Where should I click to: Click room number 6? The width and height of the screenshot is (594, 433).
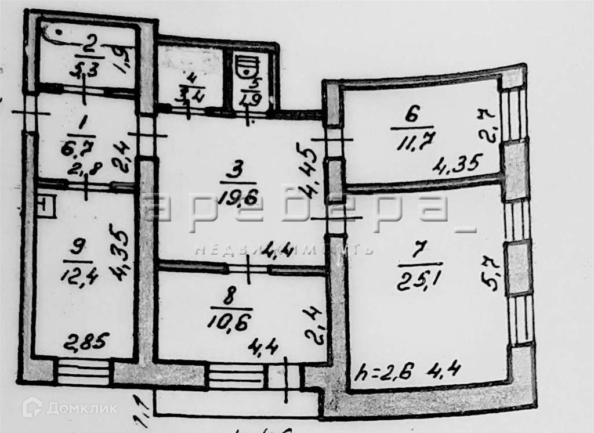(x=411, y=116)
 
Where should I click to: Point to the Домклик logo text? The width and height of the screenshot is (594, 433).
(x=81, y=408)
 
